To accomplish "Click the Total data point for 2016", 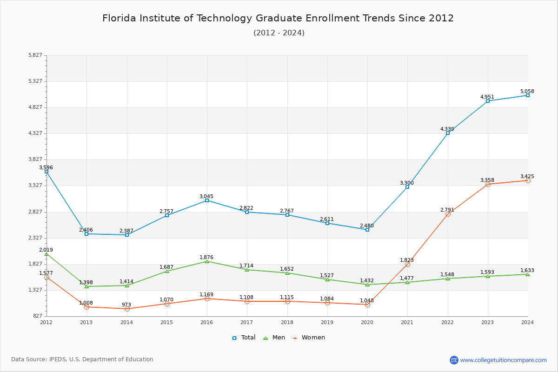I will pos(207,200).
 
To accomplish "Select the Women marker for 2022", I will pos(448,214).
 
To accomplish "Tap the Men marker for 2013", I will pos(86,286).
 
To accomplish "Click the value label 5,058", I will pos(527,91).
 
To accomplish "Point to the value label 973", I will pos(126,305).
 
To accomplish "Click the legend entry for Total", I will pos(244,338).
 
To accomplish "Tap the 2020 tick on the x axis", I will pos(367,322).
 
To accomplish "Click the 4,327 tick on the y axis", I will pos(35,133).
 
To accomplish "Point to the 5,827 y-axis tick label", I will pos(35,55).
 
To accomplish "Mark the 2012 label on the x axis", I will pos(46,322).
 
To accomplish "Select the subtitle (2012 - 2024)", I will pos(279,33).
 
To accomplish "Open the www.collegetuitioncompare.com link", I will pos(503,360).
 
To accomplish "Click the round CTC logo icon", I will pos(454,360).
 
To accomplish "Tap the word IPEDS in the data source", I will pos(58,359).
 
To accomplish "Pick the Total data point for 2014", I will pos(127,235).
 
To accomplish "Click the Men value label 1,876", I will pos(206,257).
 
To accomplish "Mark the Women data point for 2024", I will pos(528,180).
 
